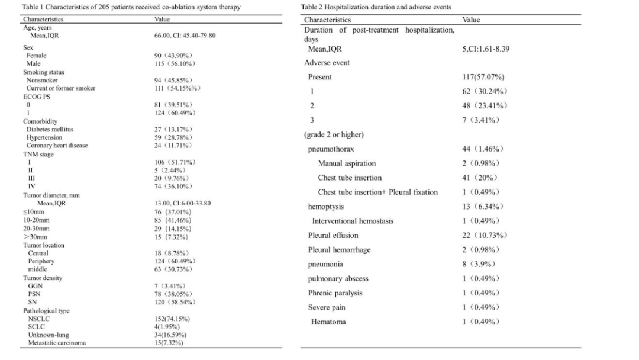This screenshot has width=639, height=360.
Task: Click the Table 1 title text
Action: click(122, 7)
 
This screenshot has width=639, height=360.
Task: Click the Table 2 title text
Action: click(376, 7)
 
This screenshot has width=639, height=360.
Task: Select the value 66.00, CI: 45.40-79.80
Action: click(185, 36)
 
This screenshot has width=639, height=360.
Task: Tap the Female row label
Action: click(36, 56)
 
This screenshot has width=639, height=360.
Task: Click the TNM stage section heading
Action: click(38, 154)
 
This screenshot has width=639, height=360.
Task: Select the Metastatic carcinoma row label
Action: click(56, 343)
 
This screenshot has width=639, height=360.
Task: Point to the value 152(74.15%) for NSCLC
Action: click(172, 319)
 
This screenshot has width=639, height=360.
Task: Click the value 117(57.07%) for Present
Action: click(483, 77)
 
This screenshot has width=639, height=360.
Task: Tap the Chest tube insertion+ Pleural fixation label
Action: click(378, 192)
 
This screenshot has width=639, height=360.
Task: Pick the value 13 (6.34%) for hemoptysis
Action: click(482, 207)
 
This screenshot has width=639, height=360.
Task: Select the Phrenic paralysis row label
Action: click(335, 293)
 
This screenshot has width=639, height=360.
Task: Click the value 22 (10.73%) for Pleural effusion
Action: click(485, 235)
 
